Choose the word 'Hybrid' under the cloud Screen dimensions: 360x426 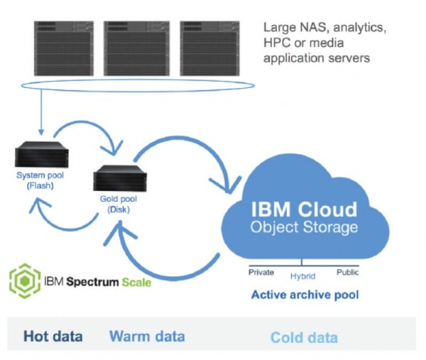click(303, 276)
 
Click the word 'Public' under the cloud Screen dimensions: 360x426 click(347, 272)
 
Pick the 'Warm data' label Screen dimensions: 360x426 click(147, 336)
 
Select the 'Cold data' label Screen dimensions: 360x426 click(304, 337)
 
